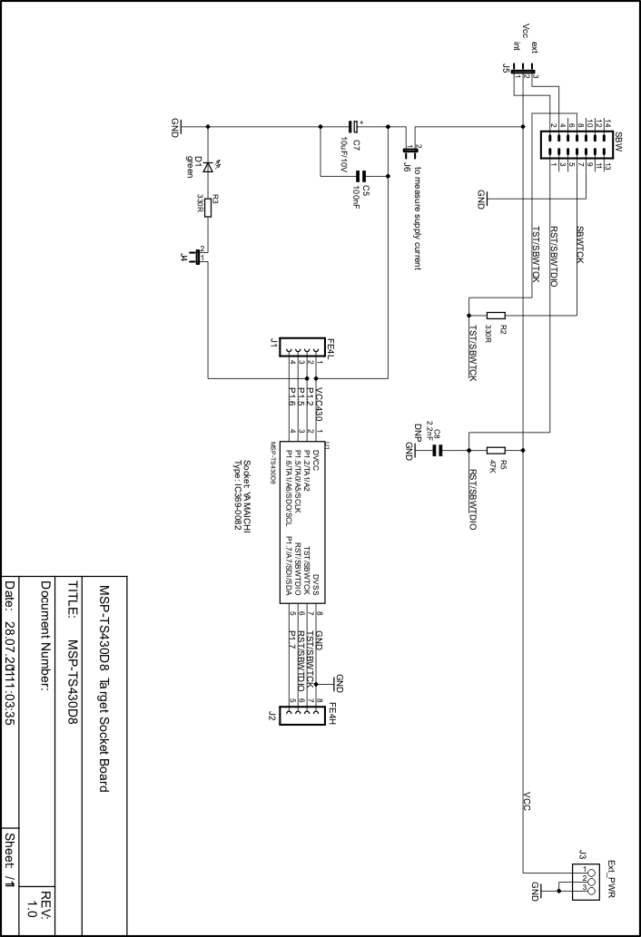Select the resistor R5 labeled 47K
(x=496, y=449)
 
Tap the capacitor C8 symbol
(x=437, y=449)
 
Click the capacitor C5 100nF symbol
(x=360, y=176)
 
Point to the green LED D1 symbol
(x=208, y=166)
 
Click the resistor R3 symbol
(x=208, y=208)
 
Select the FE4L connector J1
(x=301, y=347)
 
